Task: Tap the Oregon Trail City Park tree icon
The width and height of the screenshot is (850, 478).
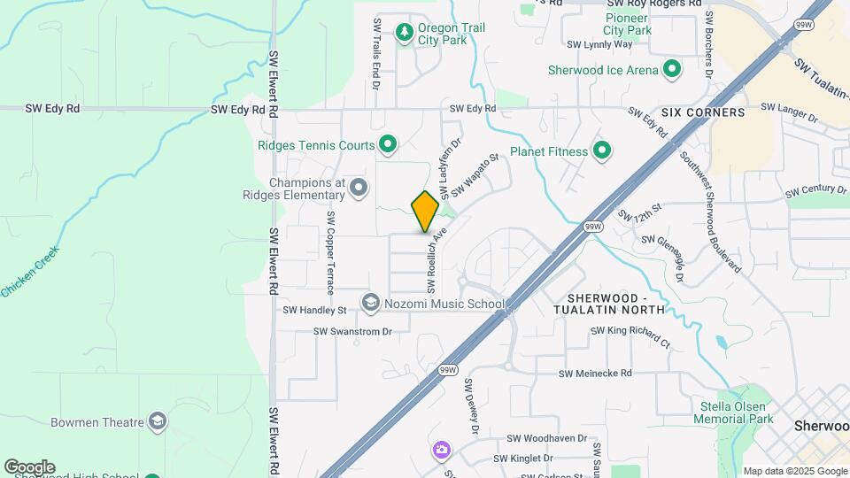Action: [405, 32]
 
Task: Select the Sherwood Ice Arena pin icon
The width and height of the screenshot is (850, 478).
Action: [672, 70]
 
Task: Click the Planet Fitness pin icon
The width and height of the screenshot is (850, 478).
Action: [602, 151]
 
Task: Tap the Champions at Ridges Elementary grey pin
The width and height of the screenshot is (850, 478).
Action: [359, 187]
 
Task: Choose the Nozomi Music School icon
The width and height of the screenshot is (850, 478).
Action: [371, 304]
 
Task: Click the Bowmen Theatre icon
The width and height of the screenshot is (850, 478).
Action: [158, 420]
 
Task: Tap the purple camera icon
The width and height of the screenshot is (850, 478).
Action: [441, 451]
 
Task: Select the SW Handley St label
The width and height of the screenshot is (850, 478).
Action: [314, 311]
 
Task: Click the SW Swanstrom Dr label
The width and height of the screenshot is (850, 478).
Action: [352, 331]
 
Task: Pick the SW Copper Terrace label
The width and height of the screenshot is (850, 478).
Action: [330, 253]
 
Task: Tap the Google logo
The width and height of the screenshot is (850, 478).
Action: [29, 466]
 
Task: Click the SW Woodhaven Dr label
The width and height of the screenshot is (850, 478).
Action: [547, 438]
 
